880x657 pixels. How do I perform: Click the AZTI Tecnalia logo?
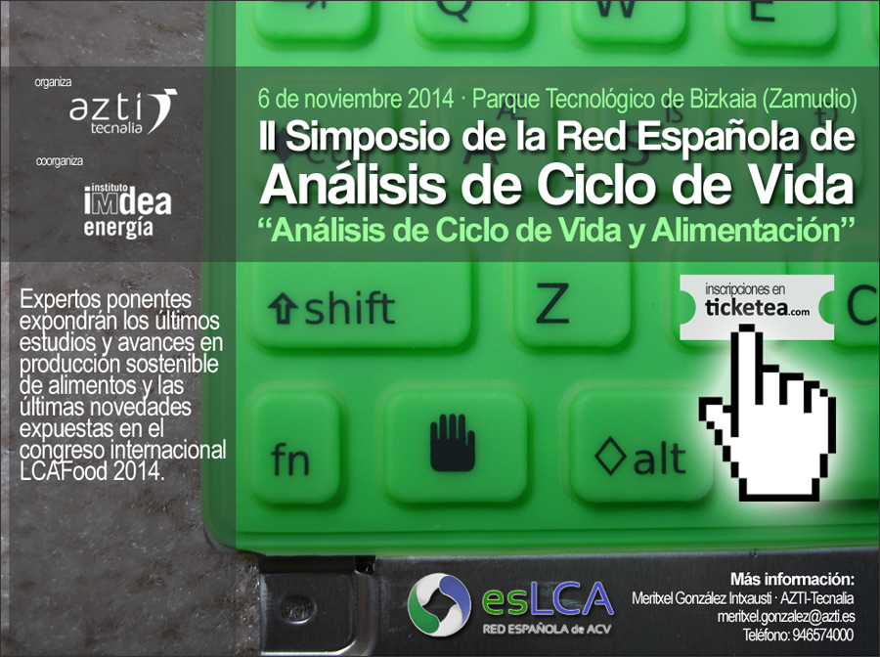tap(123, 111)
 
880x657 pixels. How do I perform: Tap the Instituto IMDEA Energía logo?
tap(127, 210)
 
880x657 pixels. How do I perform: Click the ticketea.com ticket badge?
tap(757, 307)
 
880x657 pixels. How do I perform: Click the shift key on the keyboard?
tap(360, 306)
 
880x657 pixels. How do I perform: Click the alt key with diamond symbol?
tap(640, 447)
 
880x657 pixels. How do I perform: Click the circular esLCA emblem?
tap(439, 604)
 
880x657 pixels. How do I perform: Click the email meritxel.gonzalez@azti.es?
tap(786, 617)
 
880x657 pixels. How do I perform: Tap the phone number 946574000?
tap(822, 635)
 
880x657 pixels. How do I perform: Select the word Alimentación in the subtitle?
tap(745, 230)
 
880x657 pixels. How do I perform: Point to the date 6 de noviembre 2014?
tap(355, 99)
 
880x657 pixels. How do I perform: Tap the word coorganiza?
tap(59, 161)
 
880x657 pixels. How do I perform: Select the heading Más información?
tap(792, 579)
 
